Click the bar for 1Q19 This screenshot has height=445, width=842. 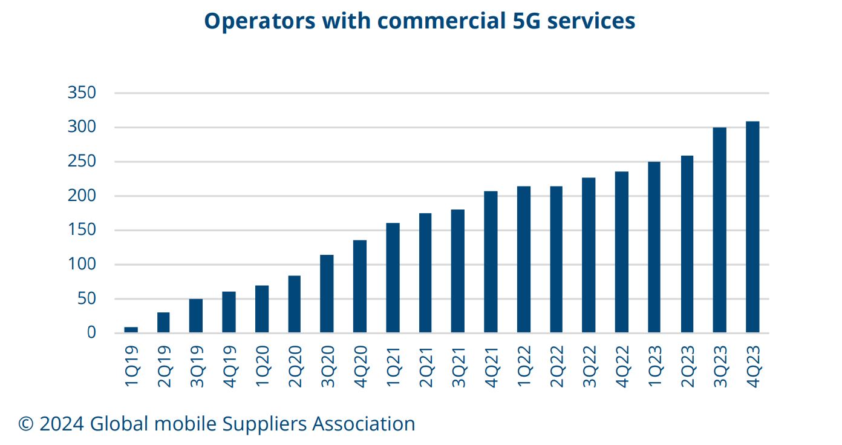tap(131, 330)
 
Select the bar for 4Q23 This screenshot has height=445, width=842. tap(752, 227)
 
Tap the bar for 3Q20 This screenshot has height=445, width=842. tap(327, 294)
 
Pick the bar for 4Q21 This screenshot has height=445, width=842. tap(491, 262)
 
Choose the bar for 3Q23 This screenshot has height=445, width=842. tap(720, 230)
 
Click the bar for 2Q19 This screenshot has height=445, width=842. tap(163, 323)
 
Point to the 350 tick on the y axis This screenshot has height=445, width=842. tap(82, 93)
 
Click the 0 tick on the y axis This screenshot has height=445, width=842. tap(91, 332)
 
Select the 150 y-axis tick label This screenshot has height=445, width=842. tap(82, 230)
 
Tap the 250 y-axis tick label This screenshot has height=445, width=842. tap(82, 162)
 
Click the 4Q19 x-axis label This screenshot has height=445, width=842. tap(229, 366)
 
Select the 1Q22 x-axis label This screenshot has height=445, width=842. tap(524, 366)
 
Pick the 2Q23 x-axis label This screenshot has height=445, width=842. tap(687, 366)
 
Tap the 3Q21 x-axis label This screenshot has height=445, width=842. tap(459, 366)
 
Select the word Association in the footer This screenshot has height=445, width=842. tap(364, 423)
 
